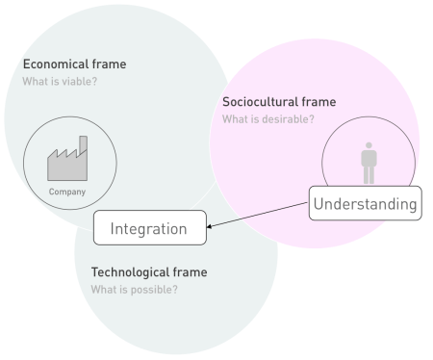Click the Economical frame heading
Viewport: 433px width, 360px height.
coord(74,64)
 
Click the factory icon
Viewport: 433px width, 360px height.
coord(67,162)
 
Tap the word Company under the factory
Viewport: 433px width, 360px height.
coord(67,192)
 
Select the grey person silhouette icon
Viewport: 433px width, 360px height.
coord(368,163)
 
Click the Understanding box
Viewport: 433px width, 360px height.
coord(365,204)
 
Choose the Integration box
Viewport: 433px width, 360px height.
coord(149,228)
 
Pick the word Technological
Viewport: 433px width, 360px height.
coord(130,272)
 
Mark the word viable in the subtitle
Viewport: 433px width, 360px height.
coord(82,81)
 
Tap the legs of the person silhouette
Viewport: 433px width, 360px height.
coord(368,175)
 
